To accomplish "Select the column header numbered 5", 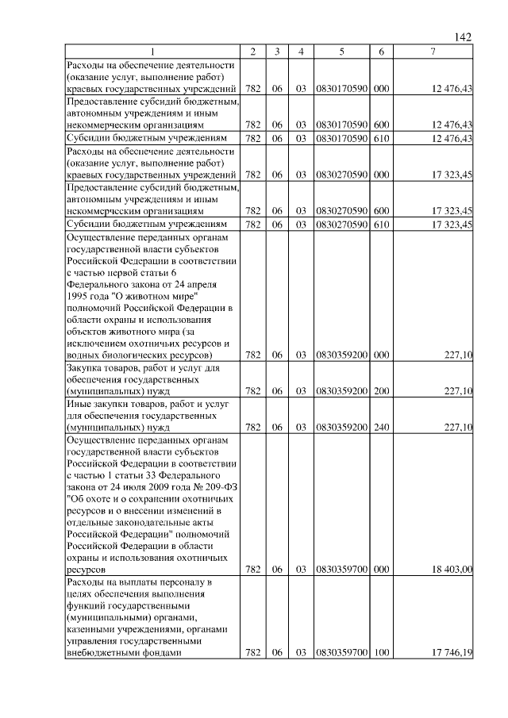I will [x=341, y=52].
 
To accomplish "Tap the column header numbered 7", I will [x=432, y=52].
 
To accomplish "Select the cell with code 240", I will [x=381, y=427].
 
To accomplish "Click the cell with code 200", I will [x=381, y=390].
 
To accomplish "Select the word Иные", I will [x=80, y=404].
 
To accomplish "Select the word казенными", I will [x=95, y=629].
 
